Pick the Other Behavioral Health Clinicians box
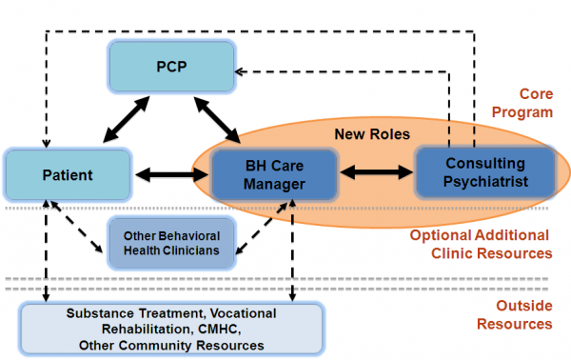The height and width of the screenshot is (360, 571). (x=169, y=242)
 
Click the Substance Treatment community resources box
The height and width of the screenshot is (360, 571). (x=171, y=329)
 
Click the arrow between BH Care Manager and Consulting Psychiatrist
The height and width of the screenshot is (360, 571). (x=375, y=174)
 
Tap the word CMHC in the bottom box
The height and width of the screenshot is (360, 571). (x=234, y=329)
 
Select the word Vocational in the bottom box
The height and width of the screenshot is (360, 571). (x=242, y=313)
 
